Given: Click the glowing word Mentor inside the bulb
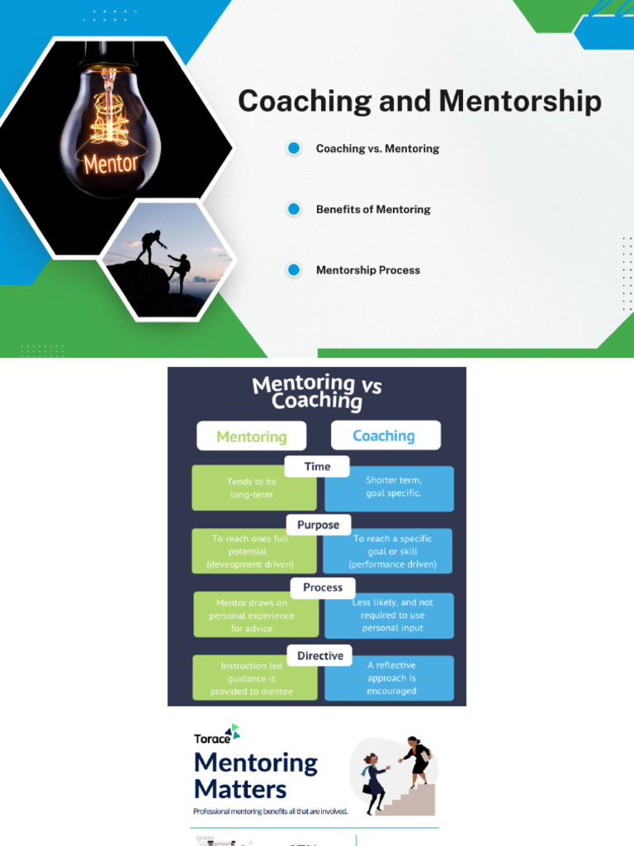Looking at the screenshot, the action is pos(111,163).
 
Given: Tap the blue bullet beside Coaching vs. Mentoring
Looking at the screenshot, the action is pos(294,148).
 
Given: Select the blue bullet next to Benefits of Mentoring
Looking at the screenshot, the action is pos(294,209).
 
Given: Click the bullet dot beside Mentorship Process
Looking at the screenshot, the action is pos(294,270).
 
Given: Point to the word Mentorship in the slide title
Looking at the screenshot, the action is pos(520,102).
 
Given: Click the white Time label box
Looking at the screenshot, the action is pos(317,467).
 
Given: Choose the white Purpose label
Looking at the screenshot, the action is pos(318,525).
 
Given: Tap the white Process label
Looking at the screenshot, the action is pos(323,587).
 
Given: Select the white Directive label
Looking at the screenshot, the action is pos(319,655).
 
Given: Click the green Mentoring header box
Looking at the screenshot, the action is pos(252,436).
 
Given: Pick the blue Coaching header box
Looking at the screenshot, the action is pos(386,435).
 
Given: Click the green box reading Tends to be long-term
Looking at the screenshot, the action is pos(254,487).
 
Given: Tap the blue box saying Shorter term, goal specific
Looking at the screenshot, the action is pos(390,488).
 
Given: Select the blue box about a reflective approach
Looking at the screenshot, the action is pos(390,678).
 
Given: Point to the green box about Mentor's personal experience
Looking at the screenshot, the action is pos(256,615).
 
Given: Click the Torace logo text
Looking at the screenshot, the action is pos(212,739).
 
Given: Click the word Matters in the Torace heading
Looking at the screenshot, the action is pos(240,789).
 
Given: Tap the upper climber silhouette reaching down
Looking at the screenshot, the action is pos(150,246).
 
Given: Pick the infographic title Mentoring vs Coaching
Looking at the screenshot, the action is pos(316,392).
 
